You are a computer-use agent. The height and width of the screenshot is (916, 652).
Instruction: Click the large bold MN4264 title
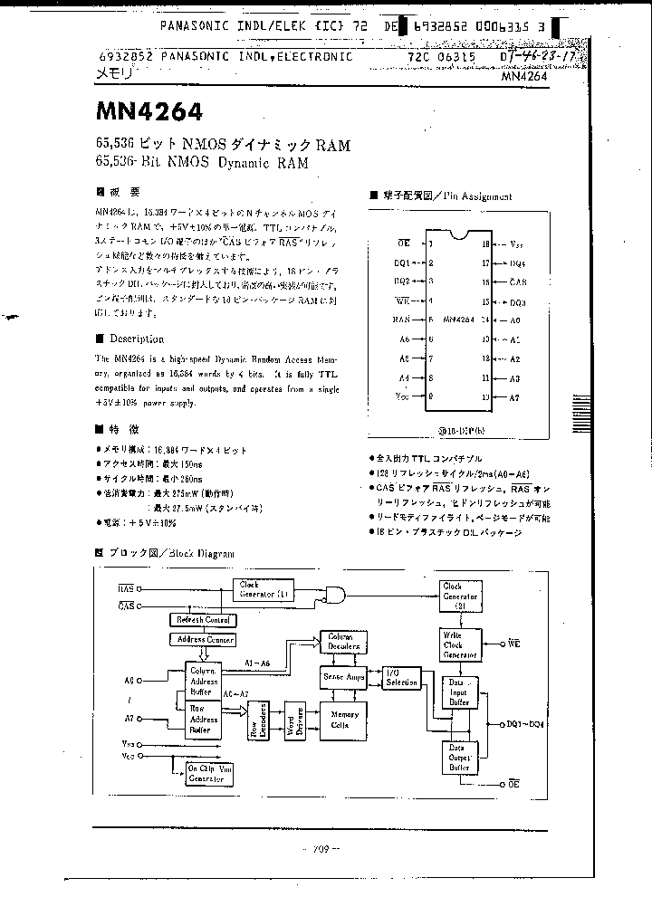click(149, 112)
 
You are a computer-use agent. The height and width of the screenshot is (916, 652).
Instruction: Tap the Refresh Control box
click(202, 620)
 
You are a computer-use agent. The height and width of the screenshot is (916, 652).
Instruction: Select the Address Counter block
click(203, 640)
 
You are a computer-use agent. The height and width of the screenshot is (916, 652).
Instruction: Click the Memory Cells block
click(343, 720)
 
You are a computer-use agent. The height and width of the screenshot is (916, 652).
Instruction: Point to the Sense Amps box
click(343, 677)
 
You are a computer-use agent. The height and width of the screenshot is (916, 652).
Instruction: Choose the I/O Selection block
click(401, 678)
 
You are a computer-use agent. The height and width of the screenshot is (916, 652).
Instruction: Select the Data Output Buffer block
click(460, 757)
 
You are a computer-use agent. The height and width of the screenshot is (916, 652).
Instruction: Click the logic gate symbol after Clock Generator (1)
click(338, 595)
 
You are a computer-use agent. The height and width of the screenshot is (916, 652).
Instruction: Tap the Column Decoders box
click(343, 643)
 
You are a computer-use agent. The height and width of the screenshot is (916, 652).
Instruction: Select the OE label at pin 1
click(404, 243)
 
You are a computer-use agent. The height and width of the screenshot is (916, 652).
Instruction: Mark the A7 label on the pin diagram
click(514, 397)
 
